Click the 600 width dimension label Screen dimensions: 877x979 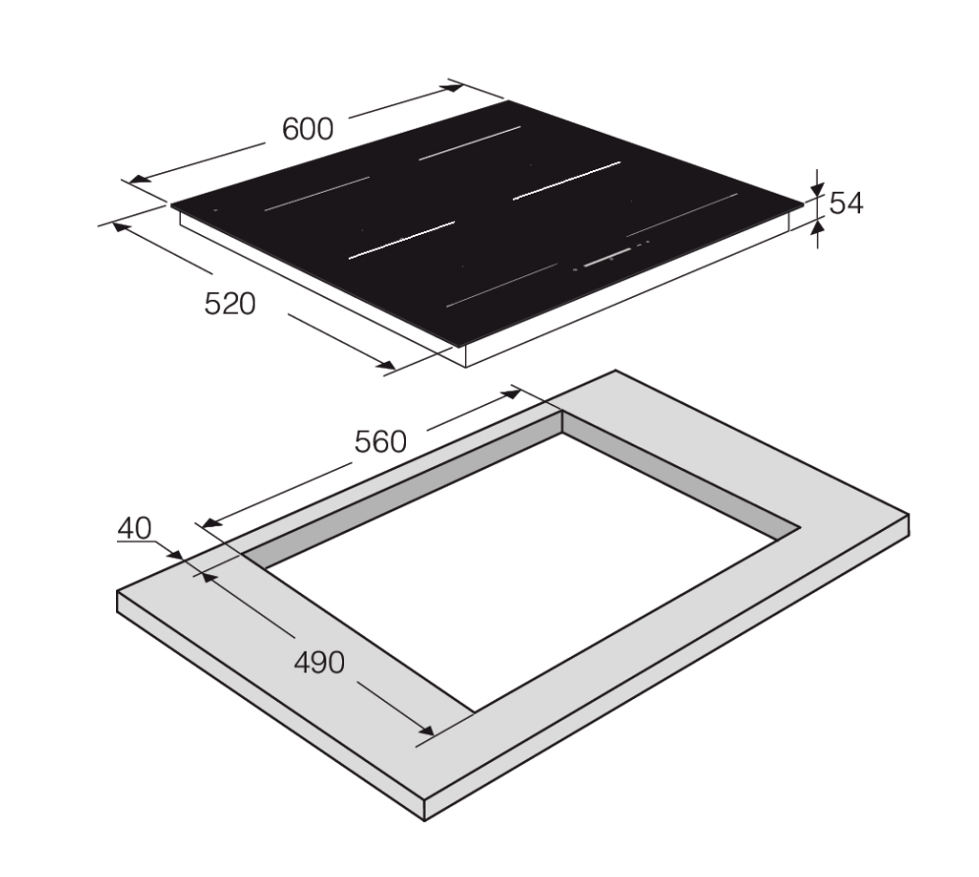click(x=308, y=129)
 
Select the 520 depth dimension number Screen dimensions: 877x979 click(x=229, y=304)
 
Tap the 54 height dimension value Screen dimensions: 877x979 click(x=845, y=204)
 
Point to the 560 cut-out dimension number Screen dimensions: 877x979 click(x=380, y=441)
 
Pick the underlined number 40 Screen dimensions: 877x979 click(x=135, y=529)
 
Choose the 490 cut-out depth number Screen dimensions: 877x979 click(x=320, y=663)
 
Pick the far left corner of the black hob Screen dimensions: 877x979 click(x=172, y=205)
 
